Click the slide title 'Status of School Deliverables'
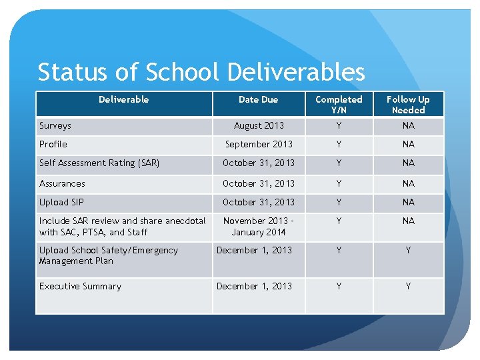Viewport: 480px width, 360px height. click(201, 72)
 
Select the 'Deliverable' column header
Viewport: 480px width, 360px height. click(123, 99)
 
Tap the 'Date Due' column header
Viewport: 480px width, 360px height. click(258, 99)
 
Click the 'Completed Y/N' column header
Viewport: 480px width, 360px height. click(339, 104)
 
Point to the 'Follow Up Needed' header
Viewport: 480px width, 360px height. click(408, 104)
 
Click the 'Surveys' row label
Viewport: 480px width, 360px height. click(55, 125)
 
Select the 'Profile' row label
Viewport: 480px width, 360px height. click(53, 144)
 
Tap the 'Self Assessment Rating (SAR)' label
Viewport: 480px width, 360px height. click(99, 163)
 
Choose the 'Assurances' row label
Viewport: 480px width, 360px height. click(62, 183)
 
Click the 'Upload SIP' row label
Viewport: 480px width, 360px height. click(62, 202)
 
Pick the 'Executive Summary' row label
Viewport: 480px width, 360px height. click(80, 287)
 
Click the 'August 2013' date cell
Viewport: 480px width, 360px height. click(259, 125)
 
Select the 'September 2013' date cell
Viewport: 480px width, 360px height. click(259, 144)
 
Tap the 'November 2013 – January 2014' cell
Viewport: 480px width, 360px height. click(259, 227)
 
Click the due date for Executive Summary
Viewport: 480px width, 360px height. click(254, 287)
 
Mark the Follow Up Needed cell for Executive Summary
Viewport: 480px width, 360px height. click(408, 287)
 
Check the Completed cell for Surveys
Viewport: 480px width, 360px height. click(339, 125)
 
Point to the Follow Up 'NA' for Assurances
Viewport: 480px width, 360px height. click(408, 183)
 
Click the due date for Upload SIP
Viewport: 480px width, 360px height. click(259, 202)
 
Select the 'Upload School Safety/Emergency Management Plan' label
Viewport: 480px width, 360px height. click(109, 255)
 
